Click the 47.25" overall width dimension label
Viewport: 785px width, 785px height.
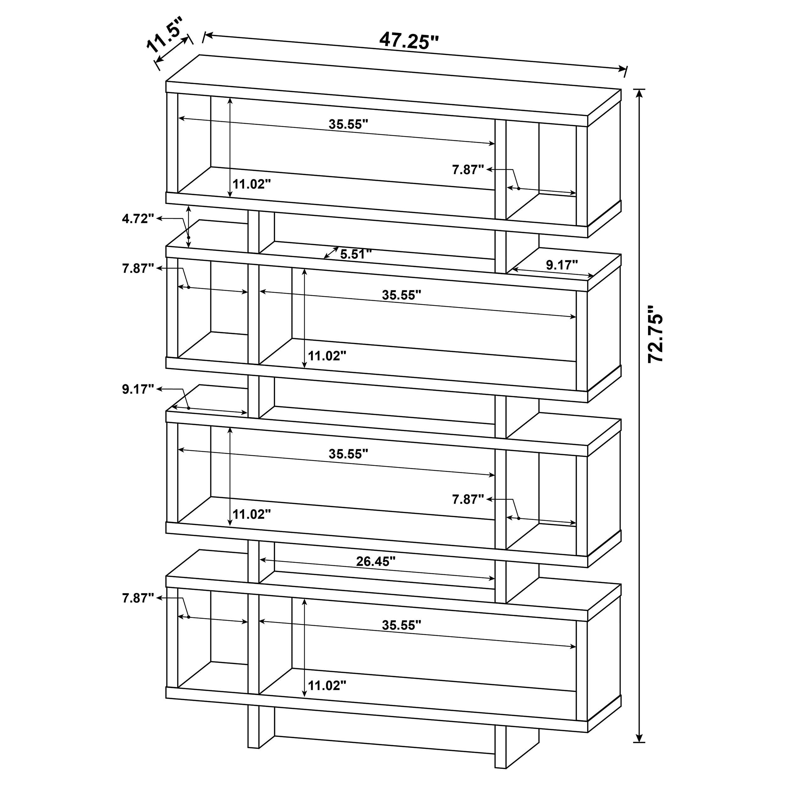click(409, 41)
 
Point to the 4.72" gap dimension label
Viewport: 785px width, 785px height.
click(138, 219)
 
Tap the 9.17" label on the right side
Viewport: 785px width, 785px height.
click(561, 265)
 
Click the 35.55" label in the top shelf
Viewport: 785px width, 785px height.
click(348, 124)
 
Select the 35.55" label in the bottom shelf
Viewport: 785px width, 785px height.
click(401, 625)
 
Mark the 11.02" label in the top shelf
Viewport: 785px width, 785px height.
click(252, 184)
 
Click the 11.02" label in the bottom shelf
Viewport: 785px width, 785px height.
click(327, 685)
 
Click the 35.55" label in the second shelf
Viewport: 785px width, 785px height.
click(401, 295)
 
